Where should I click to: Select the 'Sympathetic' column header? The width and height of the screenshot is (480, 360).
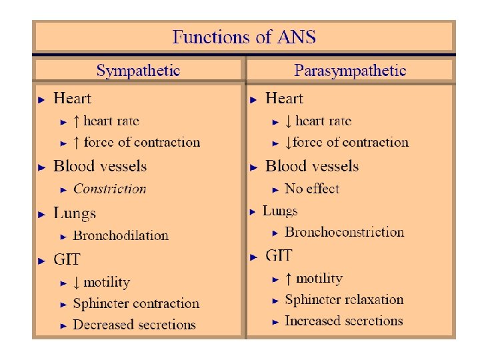pyautogui.click(x=138, y=71)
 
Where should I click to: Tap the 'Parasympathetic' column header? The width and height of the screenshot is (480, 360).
pyautogui.click(x=351, y=71)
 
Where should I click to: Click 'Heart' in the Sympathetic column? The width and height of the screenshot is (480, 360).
pyautogui.click(x=72, y=99)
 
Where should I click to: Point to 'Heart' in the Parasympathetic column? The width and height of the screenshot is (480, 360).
pyautogui.click(x=284, y=99)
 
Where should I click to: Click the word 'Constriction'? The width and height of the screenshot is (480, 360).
pyautogui.click(x=109, y=189)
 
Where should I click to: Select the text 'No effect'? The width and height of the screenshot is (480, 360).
pyautogui.click(x=312, y=189)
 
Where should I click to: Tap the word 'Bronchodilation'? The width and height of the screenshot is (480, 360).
pyautogui.click(x=121, y=235)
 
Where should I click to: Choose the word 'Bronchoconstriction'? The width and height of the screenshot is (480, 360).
pyautogui.click(x=344, y=232)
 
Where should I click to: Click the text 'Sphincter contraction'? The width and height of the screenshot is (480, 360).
pyautogui.click(x=136, y=303)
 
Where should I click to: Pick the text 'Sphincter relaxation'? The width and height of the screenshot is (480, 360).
pyautogui.click(x=344, y=299)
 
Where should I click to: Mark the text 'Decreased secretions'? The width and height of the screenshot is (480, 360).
pyautogui.click(x=134, y=325)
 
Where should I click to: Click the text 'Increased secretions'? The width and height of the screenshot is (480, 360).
pyautogui.click(x=343, y=321)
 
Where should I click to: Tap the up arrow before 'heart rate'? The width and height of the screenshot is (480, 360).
pyautogui.click(x=77, y=121)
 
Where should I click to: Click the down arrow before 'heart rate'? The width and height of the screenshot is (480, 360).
pyautogui.click(x=288, y=121)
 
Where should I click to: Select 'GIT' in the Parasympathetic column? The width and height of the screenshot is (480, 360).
pyautogui.click(x=279, y=255)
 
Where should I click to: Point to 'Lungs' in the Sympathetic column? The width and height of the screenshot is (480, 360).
pyautogui.click(x=75, y=213)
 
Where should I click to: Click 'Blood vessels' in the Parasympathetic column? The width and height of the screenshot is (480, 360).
pyautogui.click(x=312, y=166)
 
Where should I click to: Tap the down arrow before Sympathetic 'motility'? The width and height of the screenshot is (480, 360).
pyautogui.click(x=77, y=283)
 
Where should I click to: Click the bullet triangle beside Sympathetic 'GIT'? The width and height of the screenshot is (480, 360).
pyautogui.click(x=41, y=260)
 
